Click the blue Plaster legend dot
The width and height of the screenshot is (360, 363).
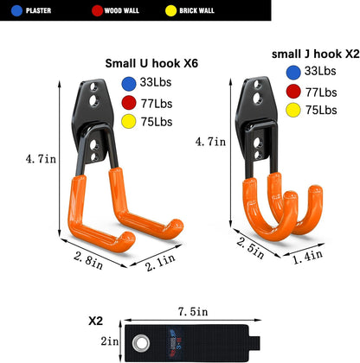(x=16, y=10)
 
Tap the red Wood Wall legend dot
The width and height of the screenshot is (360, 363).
(x=97, y=10)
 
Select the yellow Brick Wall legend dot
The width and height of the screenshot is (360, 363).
(x=170, y=10)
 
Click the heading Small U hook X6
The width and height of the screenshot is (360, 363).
(x=151, y=63)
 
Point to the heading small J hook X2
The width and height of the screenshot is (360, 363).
(x=316, y=54)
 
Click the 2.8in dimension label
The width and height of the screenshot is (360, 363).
(x=88, y=260)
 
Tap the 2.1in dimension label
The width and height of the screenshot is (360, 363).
(x=160, y=262)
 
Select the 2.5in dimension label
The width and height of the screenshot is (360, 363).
(x=250, y=248)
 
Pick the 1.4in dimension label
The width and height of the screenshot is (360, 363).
(x=307, y=257)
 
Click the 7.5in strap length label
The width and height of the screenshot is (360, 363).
(x=193, y=312)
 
